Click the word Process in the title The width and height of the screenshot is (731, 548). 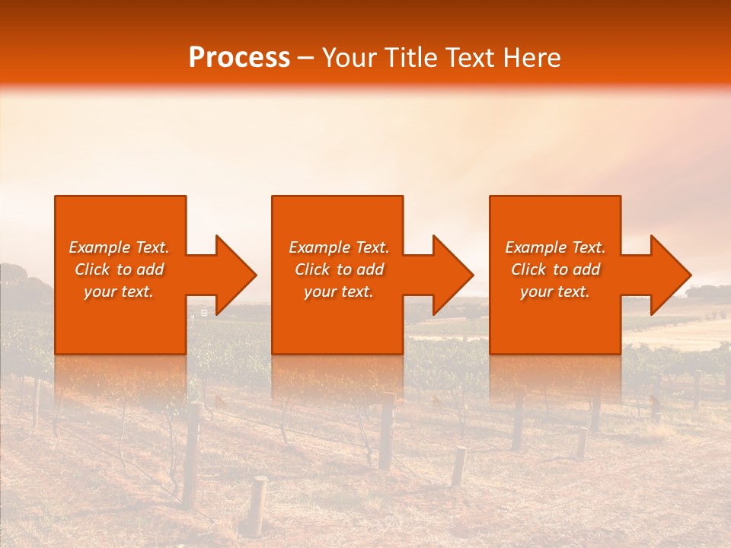pyautogui.click(x=239, y=58)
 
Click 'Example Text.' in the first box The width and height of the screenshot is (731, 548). pyautogui.click(x=119, y=247)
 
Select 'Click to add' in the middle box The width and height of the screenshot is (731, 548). pyautogui.click(x=339, y=269)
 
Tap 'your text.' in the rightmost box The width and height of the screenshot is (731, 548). pyautogui.click(x=554, y=292)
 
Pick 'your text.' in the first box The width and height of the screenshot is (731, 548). pyautogui.click(x=119, y=292)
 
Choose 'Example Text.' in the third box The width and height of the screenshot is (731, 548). pyautogui.click(x=555, y=247)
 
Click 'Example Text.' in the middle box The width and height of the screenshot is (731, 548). pyautogui.click(x=339, y=247)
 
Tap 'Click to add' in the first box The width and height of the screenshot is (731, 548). pyautogui.click(x=119, y=269)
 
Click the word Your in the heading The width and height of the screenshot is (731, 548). pyautogui.click(x=351, y=58)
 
